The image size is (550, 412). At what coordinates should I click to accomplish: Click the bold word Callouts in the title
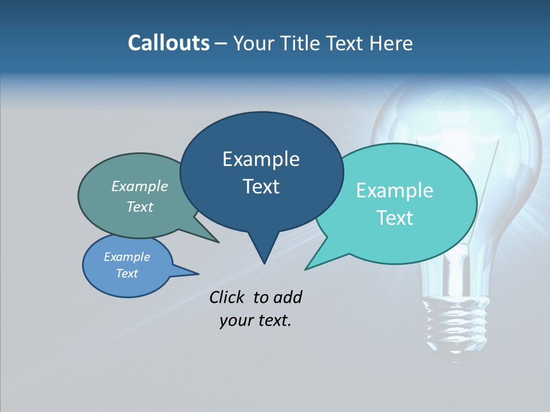point(168,43)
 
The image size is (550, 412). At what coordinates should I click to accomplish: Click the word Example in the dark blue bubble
point(261,159)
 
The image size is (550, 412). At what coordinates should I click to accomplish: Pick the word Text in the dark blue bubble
point(261,187)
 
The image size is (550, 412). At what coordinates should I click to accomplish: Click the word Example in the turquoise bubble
point(395,191)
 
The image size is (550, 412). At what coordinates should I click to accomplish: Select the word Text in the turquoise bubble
point(395,218)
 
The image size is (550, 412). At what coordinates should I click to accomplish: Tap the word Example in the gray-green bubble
point(140,186)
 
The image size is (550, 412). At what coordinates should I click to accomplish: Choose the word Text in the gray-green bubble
point(140,207)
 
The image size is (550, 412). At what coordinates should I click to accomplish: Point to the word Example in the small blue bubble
point(127,257)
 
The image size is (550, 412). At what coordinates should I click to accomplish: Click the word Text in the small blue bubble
point(127,274)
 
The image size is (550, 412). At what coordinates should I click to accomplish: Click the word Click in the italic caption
point(227,297)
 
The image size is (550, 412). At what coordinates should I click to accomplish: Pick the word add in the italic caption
point(287,297)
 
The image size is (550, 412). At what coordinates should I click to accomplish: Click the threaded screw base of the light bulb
point(457,323)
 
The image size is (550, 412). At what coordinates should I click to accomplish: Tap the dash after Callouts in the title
point(222,43)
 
